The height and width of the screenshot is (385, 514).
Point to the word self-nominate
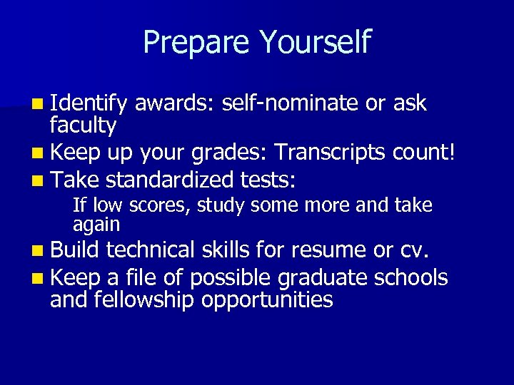click(x=290, y=103)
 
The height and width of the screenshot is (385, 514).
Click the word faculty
click(x=83, y=126)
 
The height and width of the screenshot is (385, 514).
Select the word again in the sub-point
click(x=96, y=225)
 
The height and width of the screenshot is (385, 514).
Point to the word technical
click(x=151, y=250)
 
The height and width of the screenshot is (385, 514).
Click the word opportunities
click(x=267, y=299)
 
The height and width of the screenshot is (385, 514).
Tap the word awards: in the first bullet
click(x=174, y=103)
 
